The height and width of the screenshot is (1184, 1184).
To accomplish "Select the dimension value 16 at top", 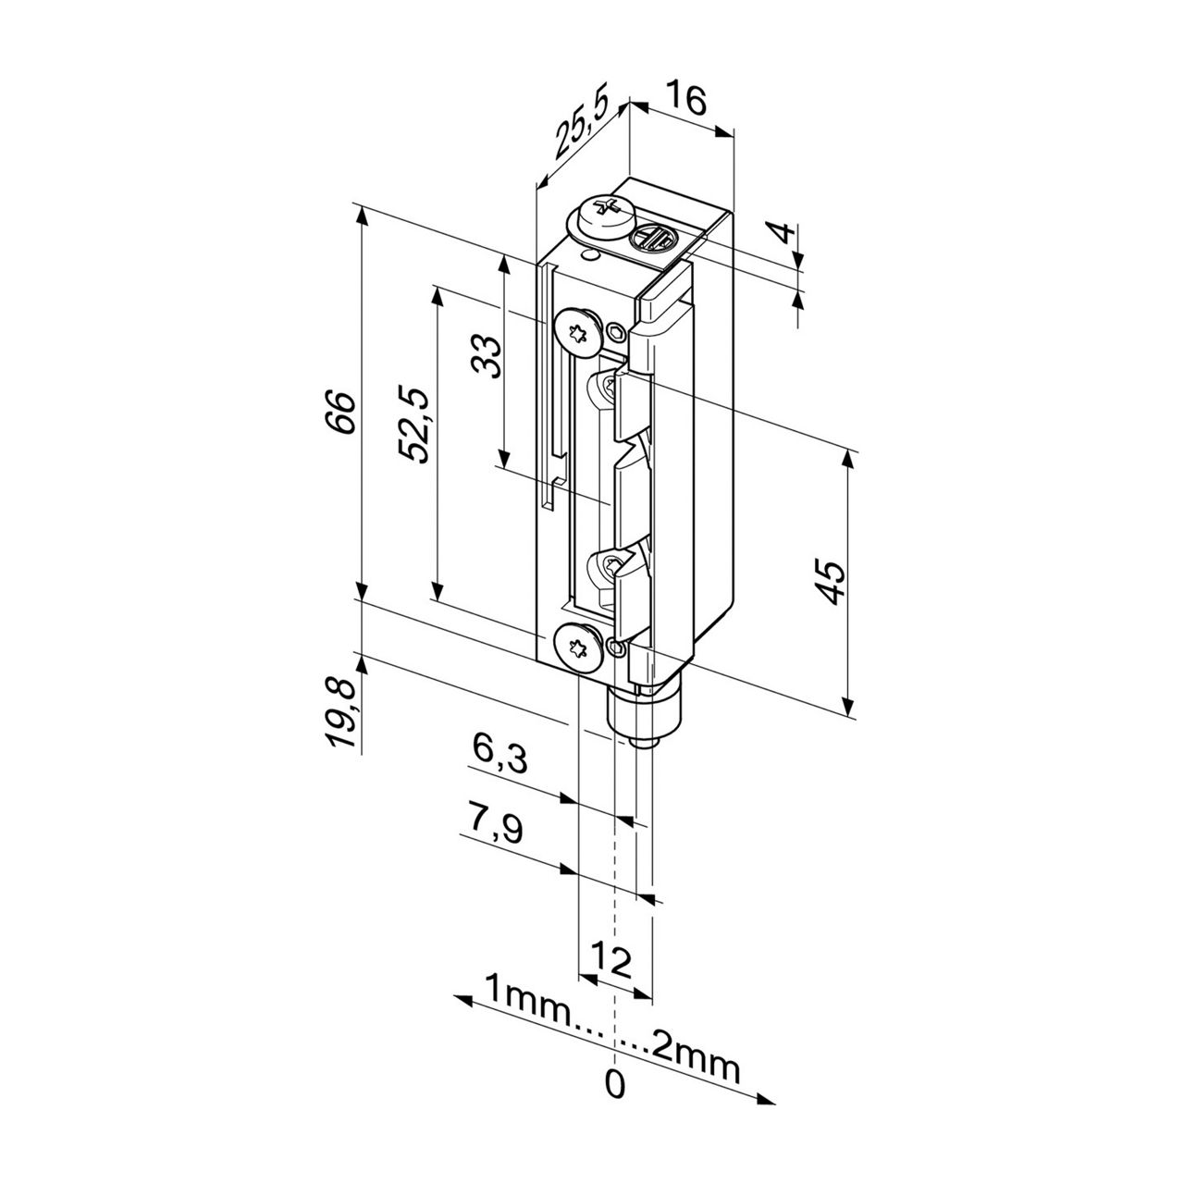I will [685, 98].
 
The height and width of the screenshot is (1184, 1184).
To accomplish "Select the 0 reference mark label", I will [614, 1083].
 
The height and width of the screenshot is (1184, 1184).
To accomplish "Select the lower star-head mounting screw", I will [575, 645].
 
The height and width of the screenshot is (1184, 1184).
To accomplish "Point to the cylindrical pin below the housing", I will [643, 719].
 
